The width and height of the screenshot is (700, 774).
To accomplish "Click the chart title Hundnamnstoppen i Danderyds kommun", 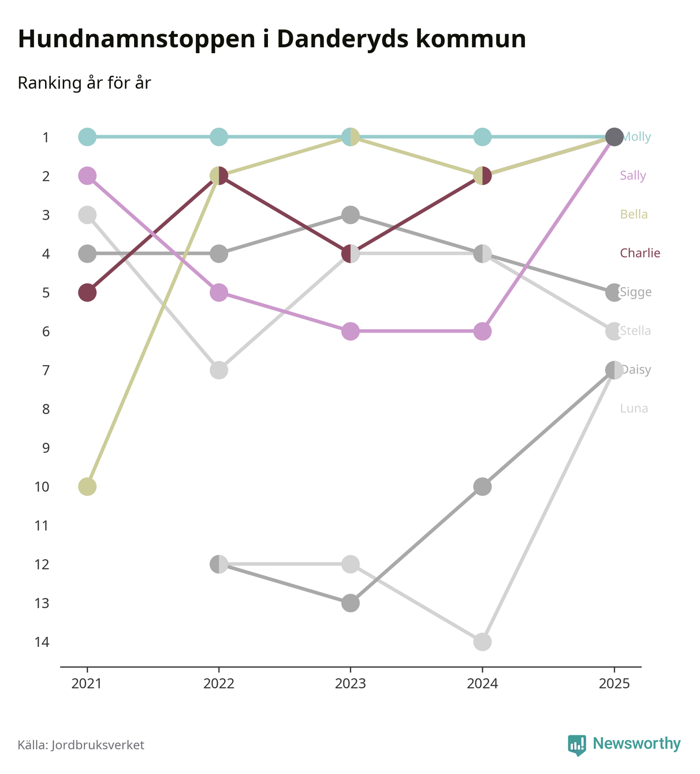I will (x=271, y=39).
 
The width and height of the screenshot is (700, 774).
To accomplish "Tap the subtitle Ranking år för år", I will (x=84, y=83).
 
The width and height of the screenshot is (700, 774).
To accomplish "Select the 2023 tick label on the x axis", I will (x=351, y=684).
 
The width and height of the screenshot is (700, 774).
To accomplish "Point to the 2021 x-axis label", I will (x=87, y=684).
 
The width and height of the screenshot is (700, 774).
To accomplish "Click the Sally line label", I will (x=632, y=176).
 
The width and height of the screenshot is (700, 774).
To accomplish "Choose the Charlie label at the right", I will (x=639, y=253).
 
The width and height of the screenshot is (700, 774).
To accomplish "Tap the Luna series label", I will (x=634, y=408).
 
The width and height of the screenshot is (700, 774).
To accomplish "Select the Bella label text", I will (x=634, y=214).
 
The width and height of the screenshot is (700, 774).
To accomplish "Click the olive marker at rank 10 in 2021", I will (x=87, y=486).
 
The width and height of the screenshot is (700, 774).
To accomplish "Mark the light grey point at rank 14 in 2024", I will (x=482, y=642).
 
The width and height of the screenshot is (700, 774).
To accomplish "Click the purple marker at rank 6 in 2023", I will (x=351, y=331).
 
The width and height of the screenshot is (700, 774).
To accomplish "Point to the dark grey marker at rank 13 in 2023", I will (x=351, y=603).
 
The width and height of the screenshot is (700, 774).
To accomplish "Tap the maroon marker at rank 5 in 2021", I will (x=87, y=292).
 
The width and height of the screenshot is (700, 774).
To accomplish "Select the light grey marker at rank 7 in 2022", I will (x=219, y=370).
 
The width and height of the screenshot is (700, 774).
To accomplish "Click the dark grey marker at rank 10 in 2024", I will (x=482, y=486).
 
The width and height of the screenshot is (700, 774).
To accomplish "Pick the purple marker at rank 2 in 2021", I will (x=87, y=176).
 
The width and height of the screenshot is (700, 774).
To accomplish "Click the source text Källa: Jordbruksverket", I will (x=81, y=745).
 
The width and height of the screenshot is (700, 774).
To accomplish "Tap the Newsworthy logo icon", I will (x=576, y=745).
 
